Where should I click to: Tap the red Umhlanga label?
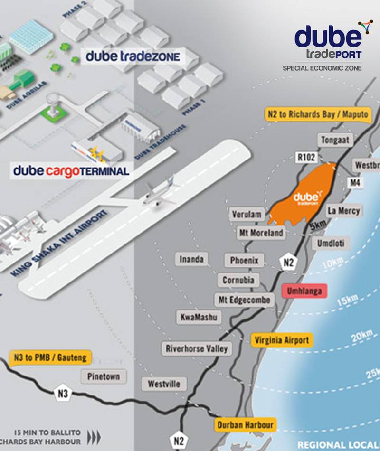coord(304,291)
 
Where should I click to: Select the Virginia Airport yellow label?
coord(282,340)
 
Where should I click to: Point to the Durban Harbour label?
coord(245,425)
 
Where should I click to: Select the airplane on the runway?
coord(158,192)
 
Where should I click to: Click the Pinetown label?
coord(107,376)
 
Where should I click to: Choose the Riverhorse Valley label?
coord(197,348)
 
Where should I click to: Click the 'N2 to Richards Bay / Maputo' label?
coord(316,114)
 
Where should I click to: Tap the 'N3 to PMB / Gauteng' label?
coord(50,357)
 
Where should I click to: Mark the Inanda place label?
coord(191,259)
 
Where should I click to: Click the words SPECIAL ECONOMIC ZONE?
coord(322,68)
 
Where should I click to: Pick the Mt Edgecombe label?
coord(244,300)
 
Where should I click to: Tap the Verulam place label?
coord(247,215)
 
